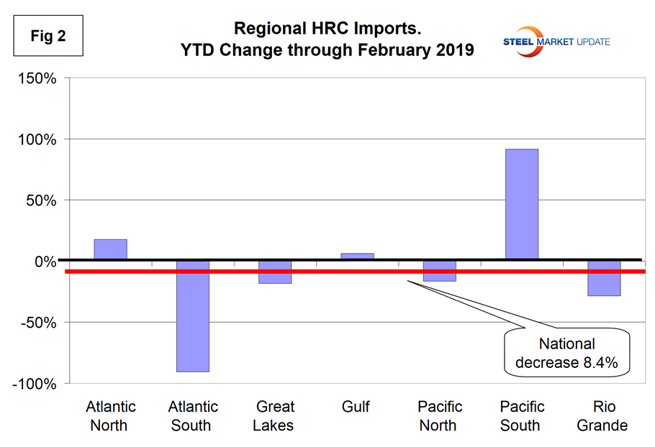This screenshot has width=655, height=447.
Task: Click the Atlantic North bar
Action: coord(110,249)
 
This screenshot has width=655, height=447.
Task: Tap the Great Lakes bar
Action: coord(274,272)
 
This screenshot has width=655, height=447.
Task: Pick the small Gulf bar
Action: coord(356,256)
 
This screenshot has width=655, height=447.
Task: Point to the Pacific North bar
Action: coord(438,271)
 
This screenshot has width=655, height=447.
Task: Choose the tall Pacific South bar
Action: coord(520,204)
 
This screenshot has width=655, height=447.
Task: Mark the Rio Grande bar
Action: coord(603,278)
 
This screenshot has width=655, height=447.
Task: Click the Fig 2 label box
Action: coord(48,35)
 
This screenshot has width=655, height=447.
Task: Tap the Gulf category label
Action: coord(356,407)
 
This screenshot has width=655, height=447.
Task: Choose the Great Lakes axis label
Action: coord(274,416)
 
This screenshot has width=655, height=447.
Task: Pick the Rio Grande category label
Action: coord(603,416)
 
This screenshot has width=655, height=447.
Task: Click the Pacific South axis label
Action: coord(520,416)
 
